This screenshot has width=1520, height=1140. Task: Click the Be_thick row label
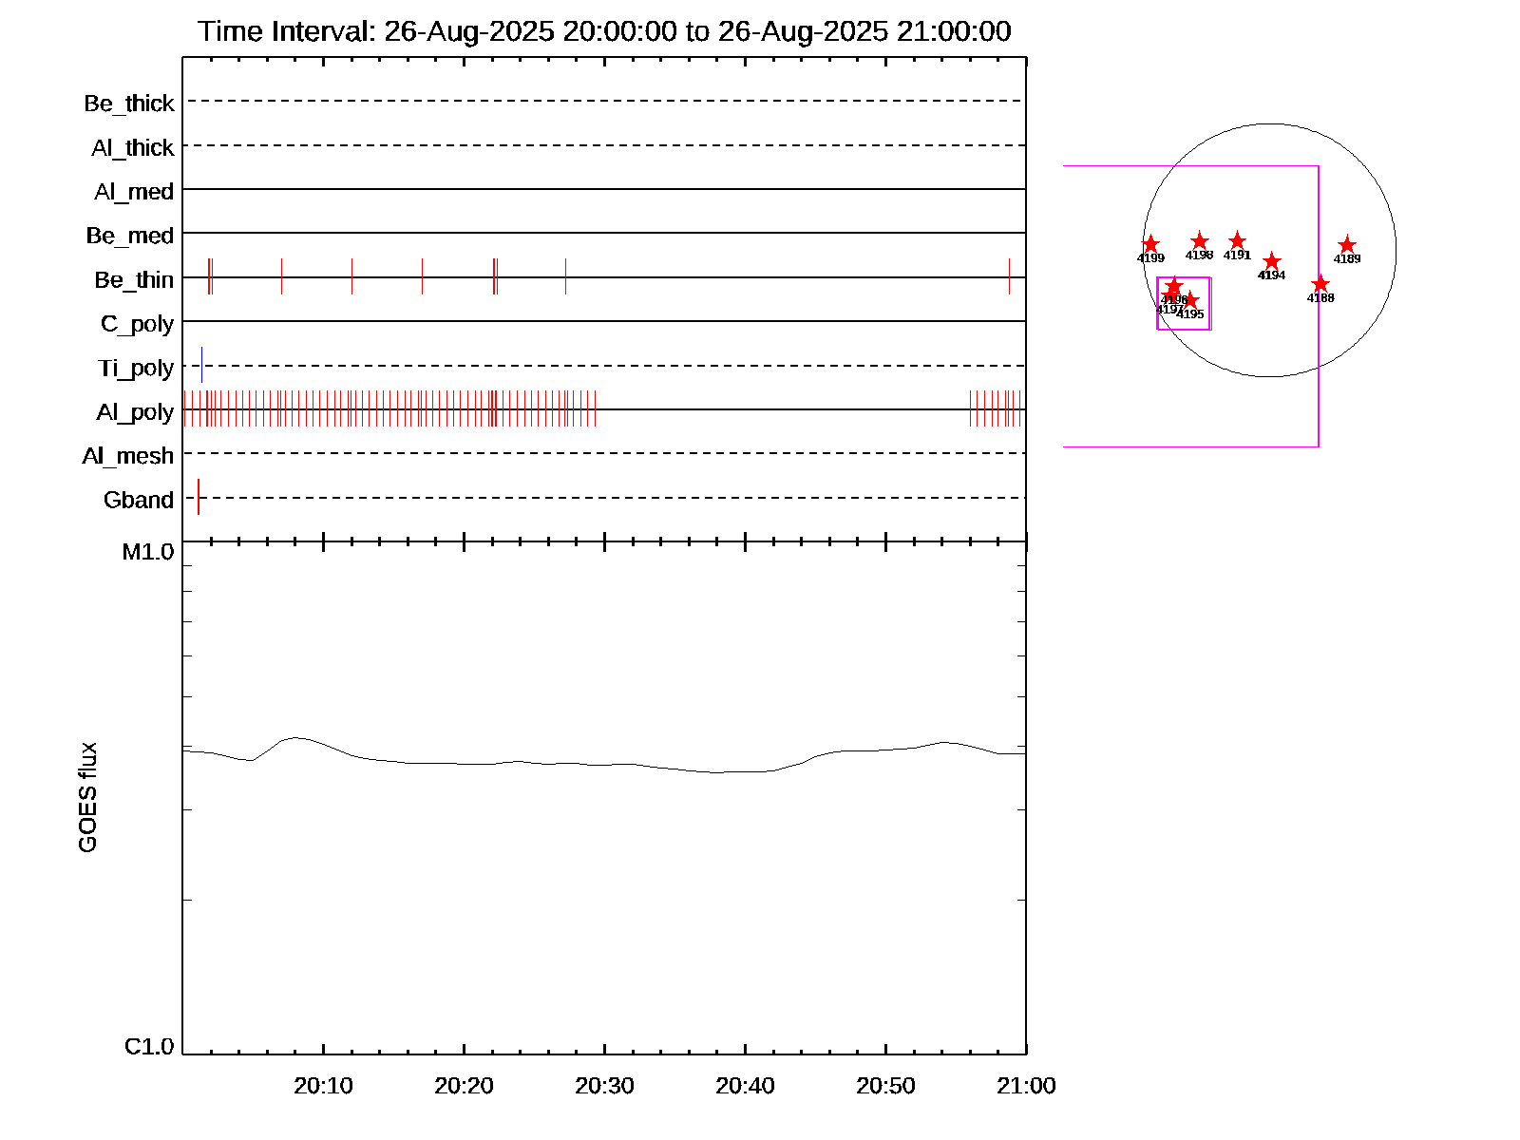click(x=129, y=104)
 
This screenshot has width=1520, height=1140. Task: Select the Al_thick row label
click(x=133, y=148)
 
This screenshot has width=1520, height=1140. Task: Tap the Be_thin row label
click(x=134, y=280)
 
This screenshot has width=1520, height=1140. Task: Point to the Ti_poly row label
click(x=136, y=369)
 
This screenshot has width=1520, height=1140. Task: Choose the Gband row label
click(x=139, y=501)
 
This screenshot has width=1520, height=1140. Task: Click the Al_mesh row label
click(x=128, y=457)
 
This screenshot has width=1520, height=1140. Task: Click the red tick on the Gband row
click(x=199, y=498)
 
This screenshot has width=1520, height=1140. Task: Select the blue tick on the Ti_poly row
click(x=201, y=366)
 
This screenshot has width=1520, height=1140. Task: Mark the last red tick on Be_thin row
click(x=1009, y=276)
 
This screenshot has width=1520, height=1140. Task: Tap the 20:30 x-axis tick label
click(x=604, y=1086)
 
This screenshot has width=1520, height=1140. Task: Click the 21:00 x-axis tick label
click(x=1026, y=1086)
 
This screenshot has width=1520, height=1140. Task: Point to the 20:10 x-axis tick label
click(x=323, y=1086)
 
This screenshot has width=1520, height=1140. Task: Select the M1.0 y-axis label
click(x=148, y=552)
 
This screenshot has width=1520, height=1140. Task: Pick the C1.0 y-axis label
click(x=149, y=1047)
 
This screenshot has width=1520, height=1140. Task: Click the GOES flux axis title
click(x=87, y=798)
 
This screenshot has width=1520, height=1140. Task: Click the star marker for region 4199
click(x=1150, y=244)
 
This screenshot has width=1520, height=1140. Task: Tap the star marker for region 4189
click(x=1347, y=245)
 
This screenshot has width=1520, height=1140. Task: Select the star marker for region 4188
click(x=1320, y=284)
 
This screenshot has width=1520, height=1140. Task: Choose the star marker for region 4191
click(x=1237, y=241)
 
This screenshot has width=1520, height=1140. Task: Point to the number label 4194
click(x=1271, y=275)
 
